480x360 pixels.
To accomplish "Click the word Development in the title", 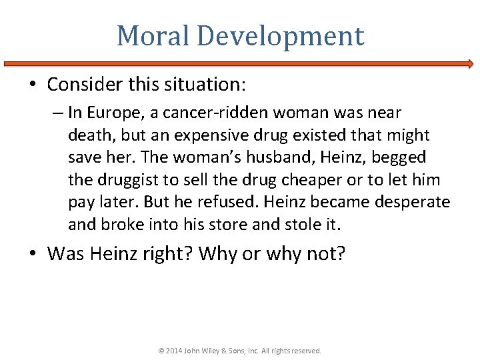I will (279, 36).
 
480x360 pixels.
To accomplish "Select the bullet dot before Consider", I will (34, 85).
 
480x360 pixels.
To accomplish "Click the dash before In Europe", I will (58, 113).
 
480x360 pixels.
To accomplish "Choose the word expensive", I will (207, 135).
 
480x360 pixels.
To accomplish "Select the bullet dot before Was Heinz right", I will (34, 254).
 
